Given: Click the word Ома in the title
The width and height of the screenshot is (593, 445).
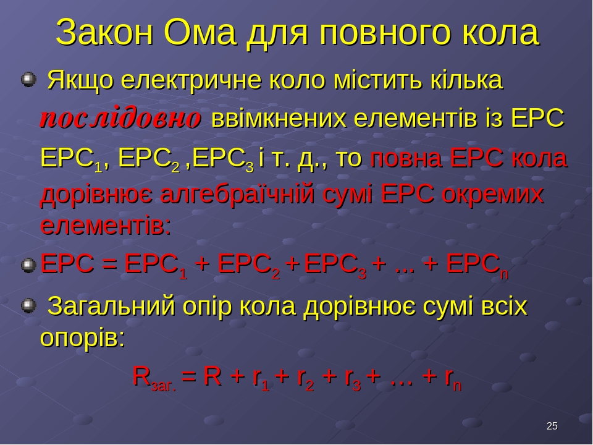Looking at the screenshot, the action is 200,33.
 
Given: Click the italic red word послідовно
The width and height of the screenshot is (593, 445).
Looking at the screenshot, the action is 120,119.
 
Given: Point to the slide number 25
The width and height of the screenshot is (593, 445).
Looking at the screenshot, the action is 552,426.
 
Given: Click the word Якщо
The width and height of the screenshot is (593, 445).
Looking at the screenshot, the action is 80,80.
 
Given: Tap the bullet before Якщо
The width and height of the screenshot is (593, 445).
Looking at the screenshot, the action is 28,80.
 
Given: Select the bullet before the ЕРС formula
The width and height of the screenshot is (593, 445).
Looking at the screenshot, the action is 28,265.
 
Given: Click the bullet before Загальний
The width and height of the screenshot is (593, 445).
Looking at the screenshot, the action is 28,306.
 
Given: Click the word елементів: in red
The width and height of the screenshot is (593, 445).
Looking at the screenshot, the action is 106,226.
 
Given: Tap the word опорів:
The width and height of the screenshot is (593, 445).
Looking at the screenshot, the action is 82,337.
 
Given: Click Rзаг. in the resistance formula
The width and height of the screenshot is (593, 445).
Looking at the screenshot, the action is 154,377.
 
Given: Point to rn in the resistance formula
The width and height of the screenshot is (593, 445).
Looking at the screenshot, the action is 453,378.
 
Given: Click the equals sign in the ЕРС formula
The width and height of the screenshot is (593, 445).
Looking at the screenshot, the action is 109,264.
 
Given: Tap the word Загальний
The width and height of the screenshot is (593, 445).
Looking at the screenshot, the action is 112,307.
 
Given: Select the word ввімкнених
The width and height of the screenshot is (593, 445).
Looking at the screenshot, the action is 279,119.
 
